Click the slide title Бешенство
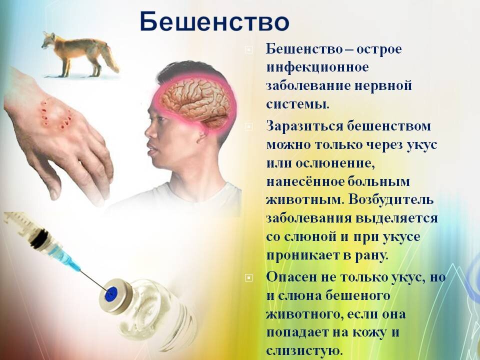coord(214,21)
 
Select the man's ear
coord(202,136)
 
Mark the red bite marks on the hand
coord(55,115)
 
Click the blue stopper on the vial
coord(111,293)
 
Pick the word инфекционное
coord(317,67)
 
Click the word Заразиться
coord(304,126)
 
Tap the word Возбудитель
coord(391,199)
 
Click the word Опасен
coord(291,277)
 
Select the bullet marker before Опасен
coord(249,277)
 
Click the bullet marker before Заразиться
coord(249,126)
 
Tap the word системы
coord(297,104)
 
